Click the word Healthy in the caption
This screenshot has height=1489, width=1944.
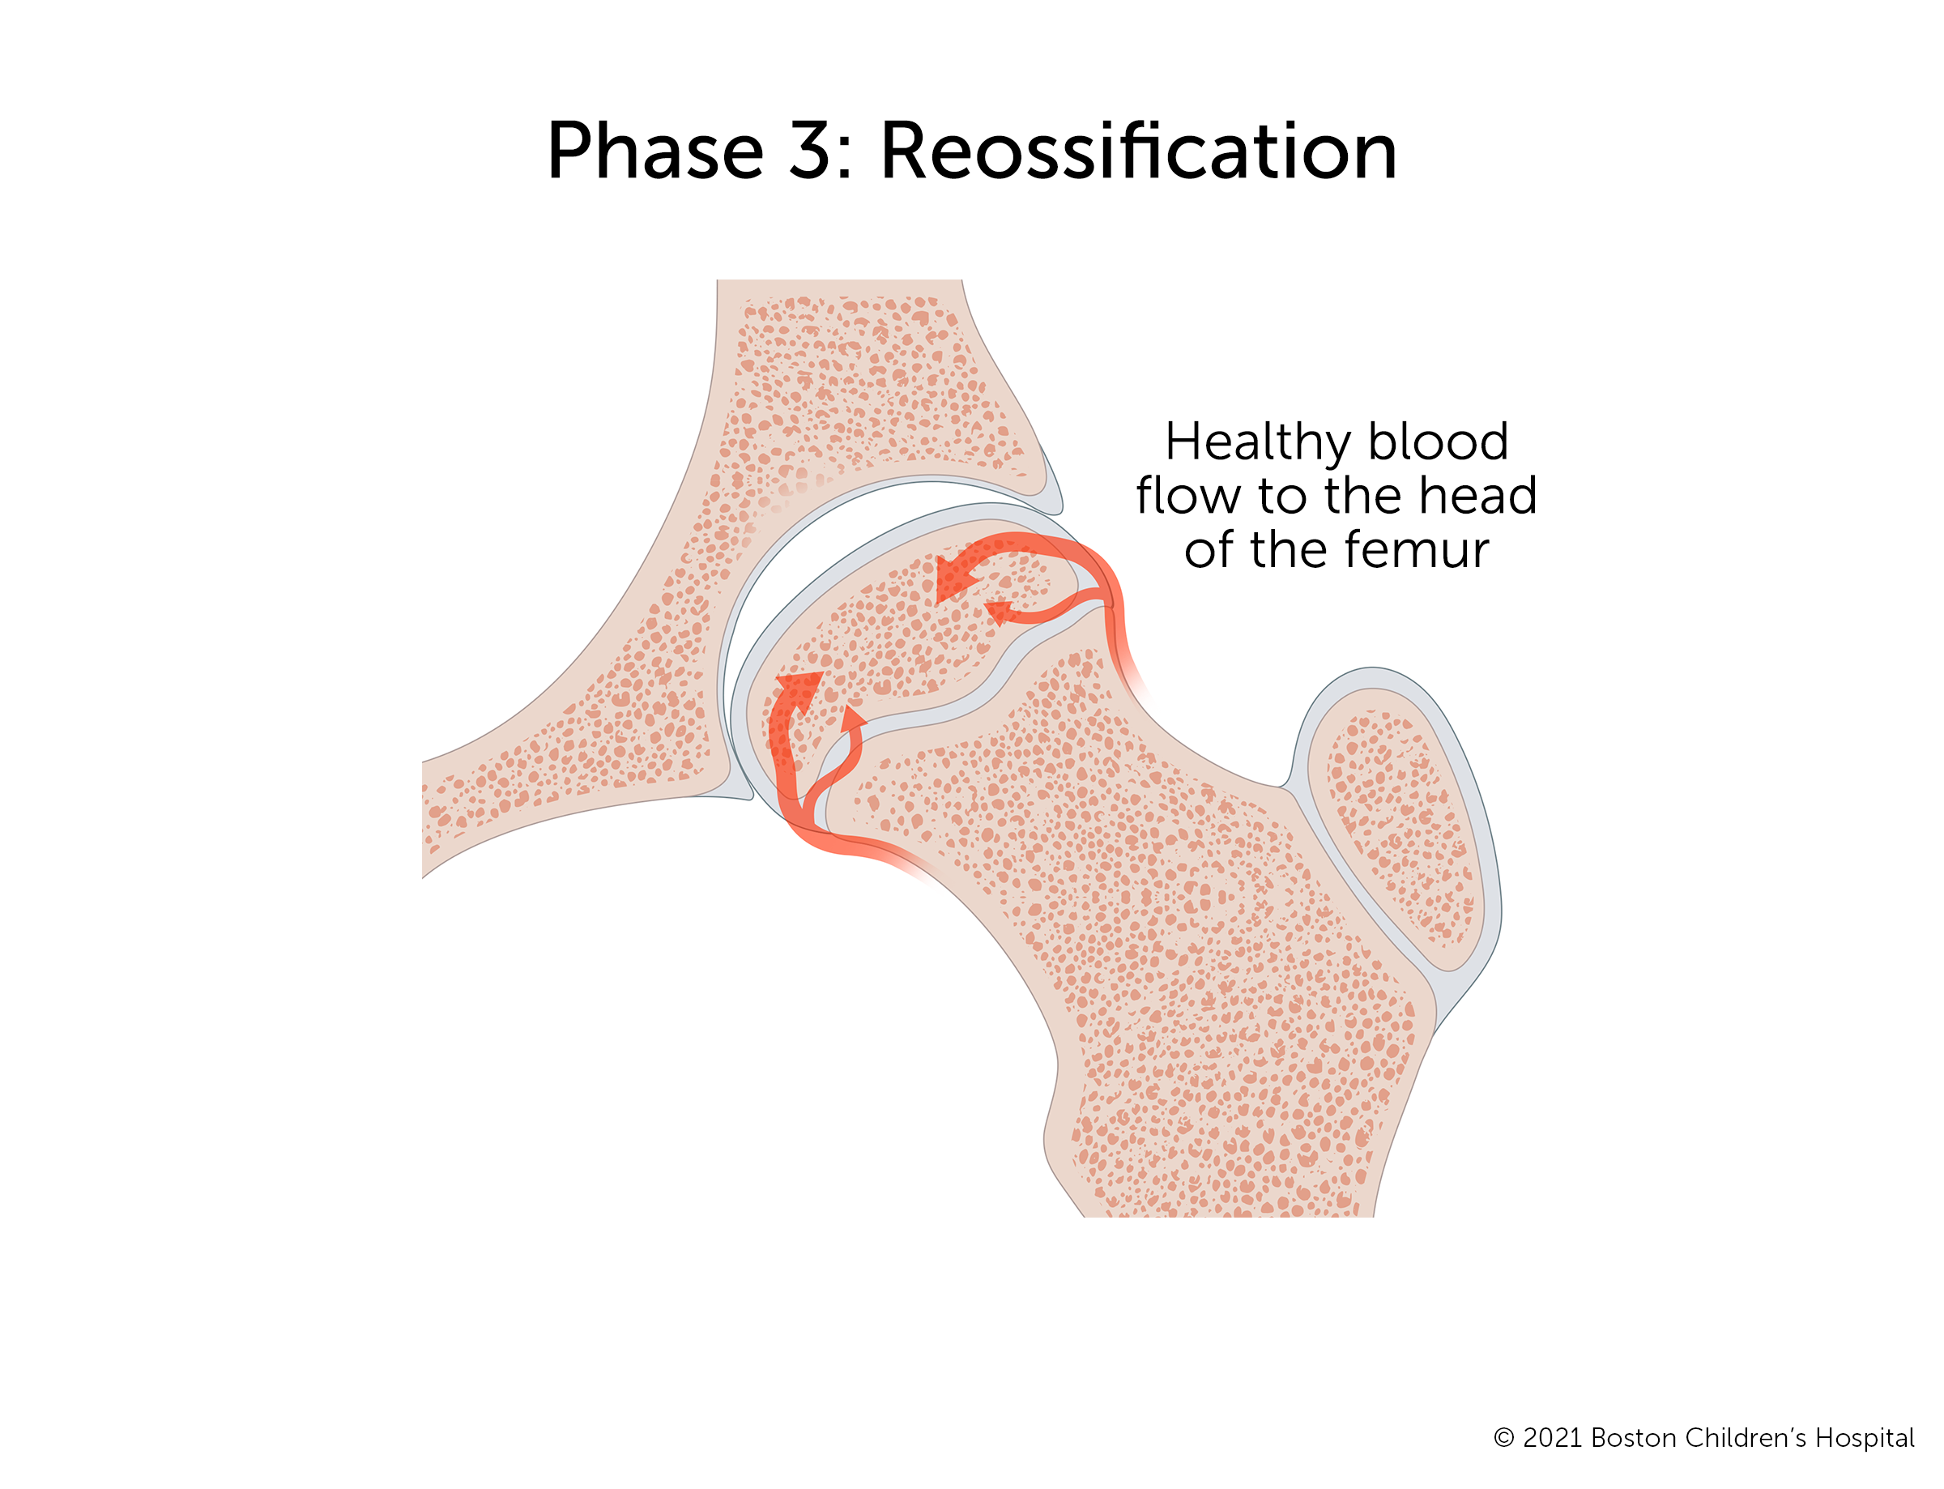[x=1259, y=444]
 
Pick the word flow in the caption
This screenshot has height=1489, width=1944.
[x=1188, y=496]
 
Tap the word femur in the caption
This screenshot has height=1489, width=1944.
[x=1414, y=550]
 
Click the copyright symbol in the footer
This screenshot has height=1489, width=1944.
[x=1503, y=1438]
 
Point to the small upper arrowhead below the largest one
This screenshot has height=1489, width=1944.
[x=1000, y=612]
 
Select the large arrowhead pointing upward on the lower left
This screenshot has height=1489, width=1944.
[x=799, y=689]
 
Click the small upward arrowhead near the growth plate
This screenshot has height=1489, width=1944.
[x=852, y=718]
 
